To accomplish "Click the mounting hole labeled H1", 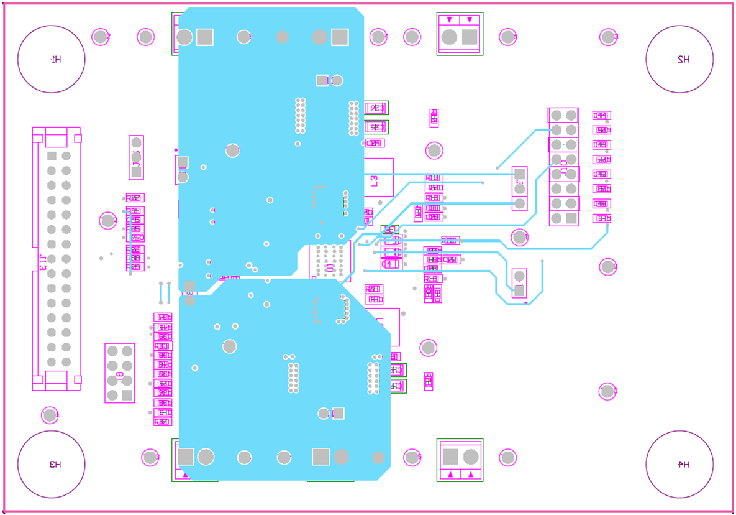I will pyautogui.click(x=51, y=59).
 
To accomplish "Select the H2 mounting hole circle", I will pyautogui.click(x=679, y=59).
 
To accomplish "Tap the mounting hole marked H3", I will pyautogui.click(x=51, y=464).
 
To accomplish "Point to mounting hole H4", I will pyautogui.click(x=679, y=464).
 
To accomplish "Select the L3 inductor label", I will pyautogui.click(x=374, y=180).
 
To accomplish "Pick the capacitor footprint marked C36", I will pyautogui.click(x=376, y=108).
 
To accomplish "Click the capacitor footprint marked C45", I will pyautogui.click(x=376, y=127).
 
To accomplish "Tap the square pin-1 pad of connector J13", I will pyautogui.click(x=52, y=155).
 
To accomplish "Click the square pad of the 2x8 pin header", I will pyautogui.click(x=571, y=218).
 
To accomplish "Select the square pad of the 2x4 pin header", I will pyautogui.click(x=127, y=395).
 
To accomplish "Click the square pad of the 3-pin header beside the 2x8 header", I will pyautogui.click(x=520, y=174).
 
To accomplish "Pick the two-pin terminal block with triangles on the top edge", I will pyautogui.click(x=460, y=34).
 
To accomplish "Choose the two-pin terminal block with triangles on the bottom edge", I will pyautogui.click(x=460, y=460).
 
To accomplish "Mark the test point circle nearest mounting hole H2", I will pyautogui.click(x=608, y=37).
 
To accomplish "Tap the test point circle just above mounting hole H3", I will pyautogui.click(x=50, y=415).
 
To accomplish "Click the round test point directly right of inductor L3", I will pyautogui.click(x=434, y=151).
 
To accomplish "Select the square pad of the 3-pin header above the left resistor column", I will pyautogui.click(x=137, y=172).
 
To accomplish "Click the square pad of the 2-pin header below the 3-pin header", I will pyautogui.click(x=520, y=290).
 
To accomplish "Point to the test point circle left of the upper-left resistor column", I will pyautogui.click(x=108, y=220).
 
